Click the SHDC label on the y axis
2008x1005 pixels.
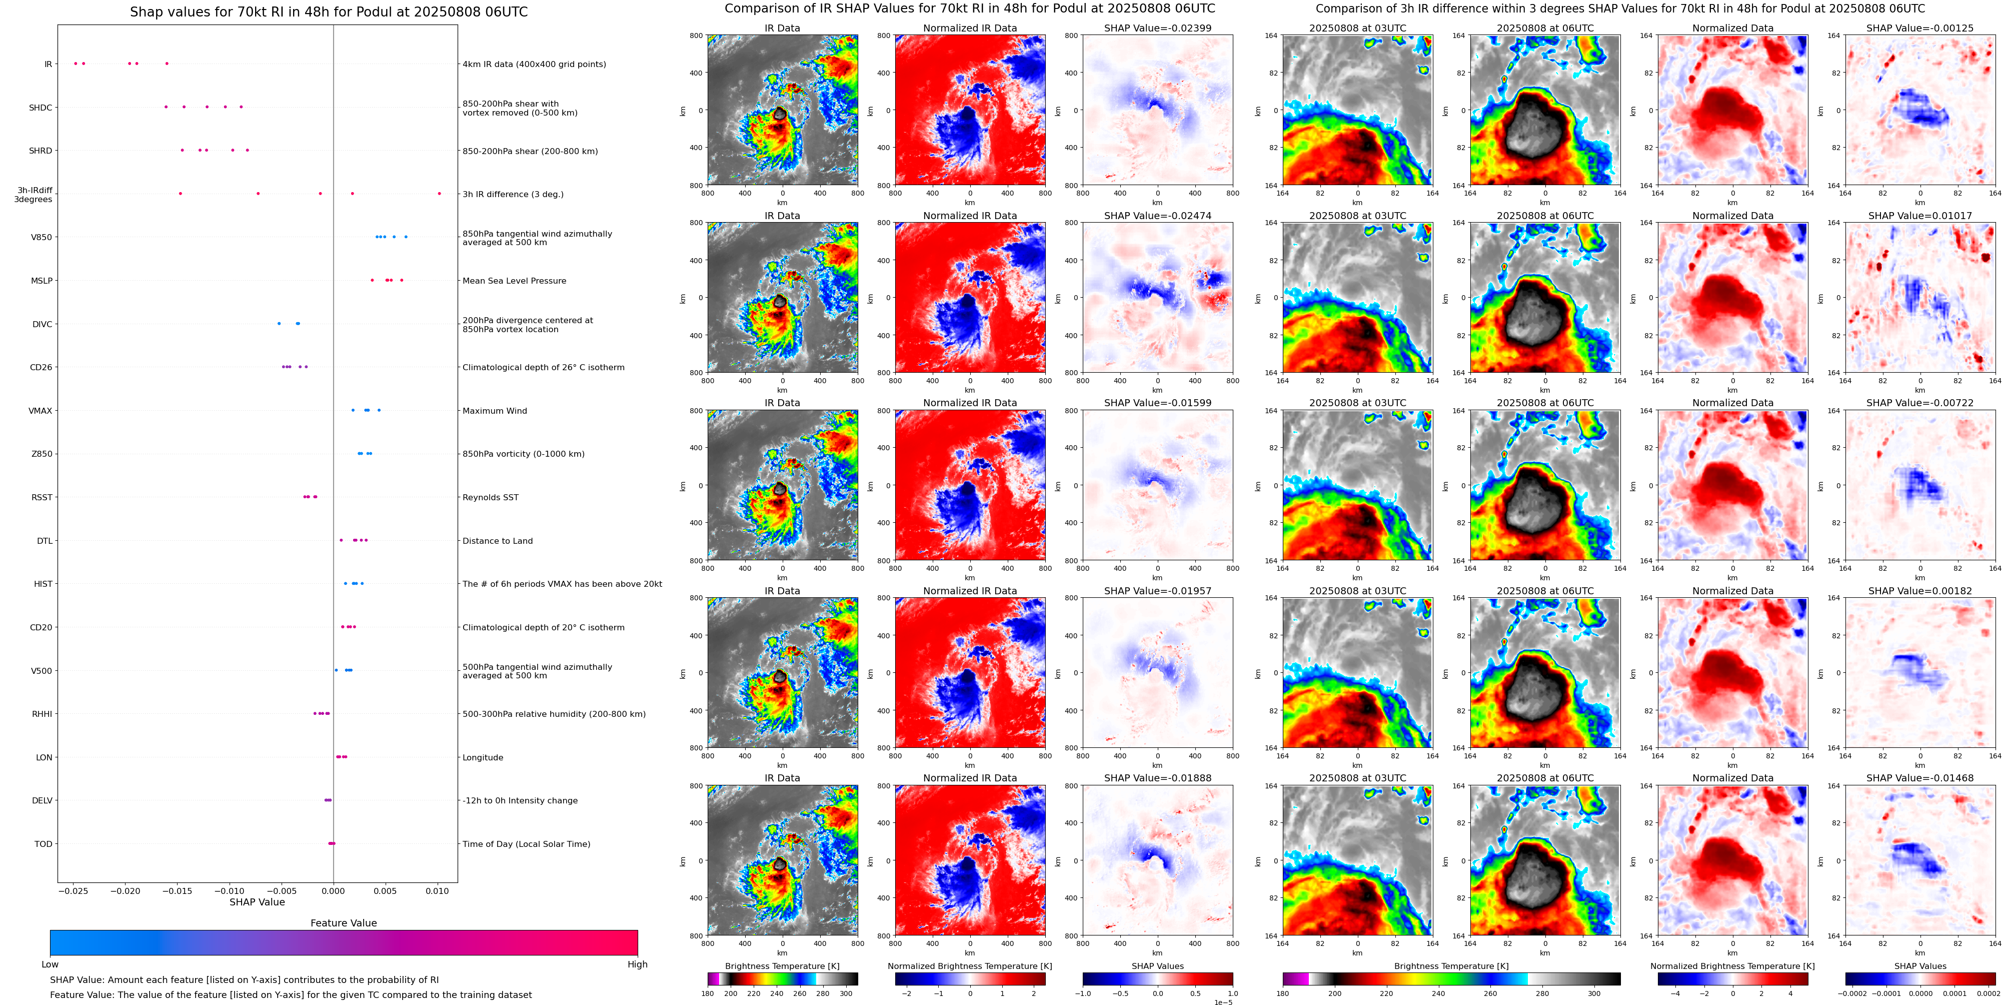41,108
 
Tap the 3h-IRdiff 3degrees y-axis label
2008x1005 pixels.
34,194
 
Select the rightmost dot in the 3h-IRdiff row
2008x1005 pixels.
439,194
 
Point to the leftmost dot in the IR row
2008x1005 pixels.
75,63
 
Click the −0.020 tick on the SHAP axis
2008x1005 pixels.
125,891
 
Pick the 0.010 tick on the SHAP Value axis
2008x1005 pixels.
437,891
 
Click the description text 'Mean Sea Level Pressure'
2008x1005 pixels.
514,281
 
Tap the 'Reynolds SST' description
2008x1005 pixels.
490,497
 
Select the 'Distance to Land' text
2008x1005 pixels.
497,540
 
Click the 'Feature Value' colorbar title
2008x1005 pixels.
343,923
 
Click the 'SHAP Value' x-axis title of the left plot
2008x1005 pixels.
257,902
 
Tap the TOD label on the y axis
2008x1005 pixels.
44,843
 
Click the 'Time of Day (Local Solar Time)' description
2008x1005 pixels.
526,843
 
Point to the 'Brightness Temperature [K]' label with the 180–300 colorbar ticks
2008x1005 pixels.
782,966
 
